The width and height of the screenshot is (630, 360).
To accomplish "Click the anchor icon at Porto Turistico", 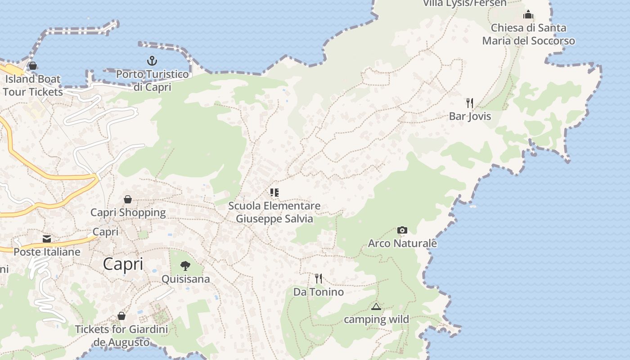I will (152, 60).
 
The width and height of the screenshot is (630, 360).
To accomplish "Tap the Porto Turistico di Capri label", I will (153, 80).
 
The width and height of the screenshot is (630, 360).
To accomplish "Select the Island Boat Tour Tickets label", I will (32, 85).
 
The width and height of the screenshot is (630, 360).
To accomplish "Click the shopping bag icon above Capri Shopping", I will (128, 199).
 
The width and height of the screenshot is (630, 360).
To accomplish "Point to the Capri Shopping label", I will (128, 212).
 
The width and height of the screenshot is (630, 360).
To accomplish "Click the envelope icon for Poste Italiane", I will (47, 238).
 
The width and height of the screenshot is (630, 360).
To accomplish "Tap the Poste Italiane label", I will (47, 252).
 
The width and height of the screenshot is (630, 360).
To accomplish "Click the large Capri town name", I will (123, 264).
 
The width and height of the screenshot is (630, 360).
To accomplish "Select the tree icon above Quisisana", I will (185, 265).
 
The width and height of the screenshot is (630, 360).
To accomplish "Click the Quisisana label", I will (185, 279).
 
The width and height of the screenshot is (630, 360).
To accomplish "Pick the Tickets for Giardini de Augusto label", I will (121, 336).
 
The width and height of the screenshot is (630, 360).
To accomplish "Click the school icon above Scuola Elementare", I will (274, 193).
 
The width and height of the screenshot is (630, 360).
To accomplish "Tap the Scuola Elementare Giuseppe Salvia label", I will (274, 212).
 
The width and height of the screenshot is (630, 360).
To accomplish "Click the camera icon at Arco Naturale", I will (402, 230).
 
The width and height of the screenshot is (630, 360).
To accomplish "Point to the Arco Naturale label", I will (402, 243).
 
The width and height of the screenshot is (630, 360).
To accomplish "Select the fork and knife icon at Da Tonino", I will (319, 279).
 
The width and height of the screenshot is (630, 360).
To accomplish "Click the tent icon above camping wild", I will (376, 306).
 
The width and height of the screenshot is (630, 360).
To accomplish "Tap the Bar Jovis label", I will (470, 117).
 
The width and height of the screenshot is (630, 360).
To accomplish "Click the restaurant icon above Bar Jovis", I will (470, 103).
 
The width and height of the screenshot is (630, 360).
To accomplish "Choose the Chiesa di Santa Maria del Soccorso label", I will (528, 34).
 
